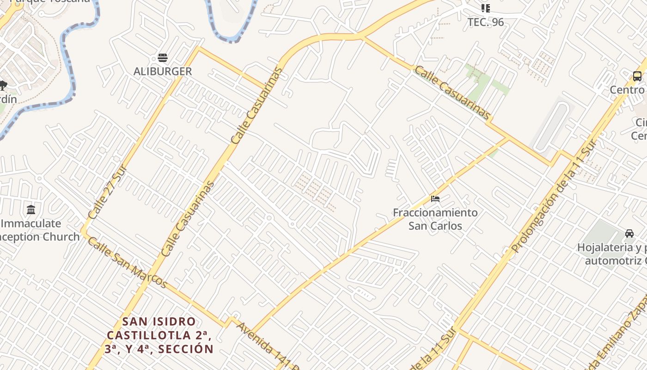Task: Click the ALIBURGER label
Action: (x=162, y=71)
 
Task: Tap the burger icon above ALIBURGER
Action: (x=162, y=58)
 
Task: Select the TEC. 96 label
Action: (x=485, y=22)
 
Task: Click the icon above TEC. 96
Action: (x=485, y=8)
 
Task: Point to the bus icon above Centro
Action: (x=637, y=76)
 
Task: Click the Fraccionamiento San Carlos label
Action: (x=435, y=219)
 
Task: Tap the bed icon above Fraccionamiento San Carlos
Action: (x=435, y=199)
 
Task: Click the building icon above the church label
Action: (x=31, y=210)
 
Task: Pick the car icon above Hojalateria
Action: (x=629, y=233)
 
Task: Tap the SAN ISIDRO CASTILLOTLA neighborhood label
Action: (x=159, y=335)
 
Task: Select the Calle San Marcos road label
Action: (x=127, y=262)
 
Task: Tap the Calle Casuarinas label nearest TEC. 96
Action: (x=452, y=92)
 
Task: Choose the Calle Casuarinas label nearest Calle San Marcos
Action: (x=188, y=219)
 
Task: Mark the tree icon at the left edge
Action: (x=3, y=85)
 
